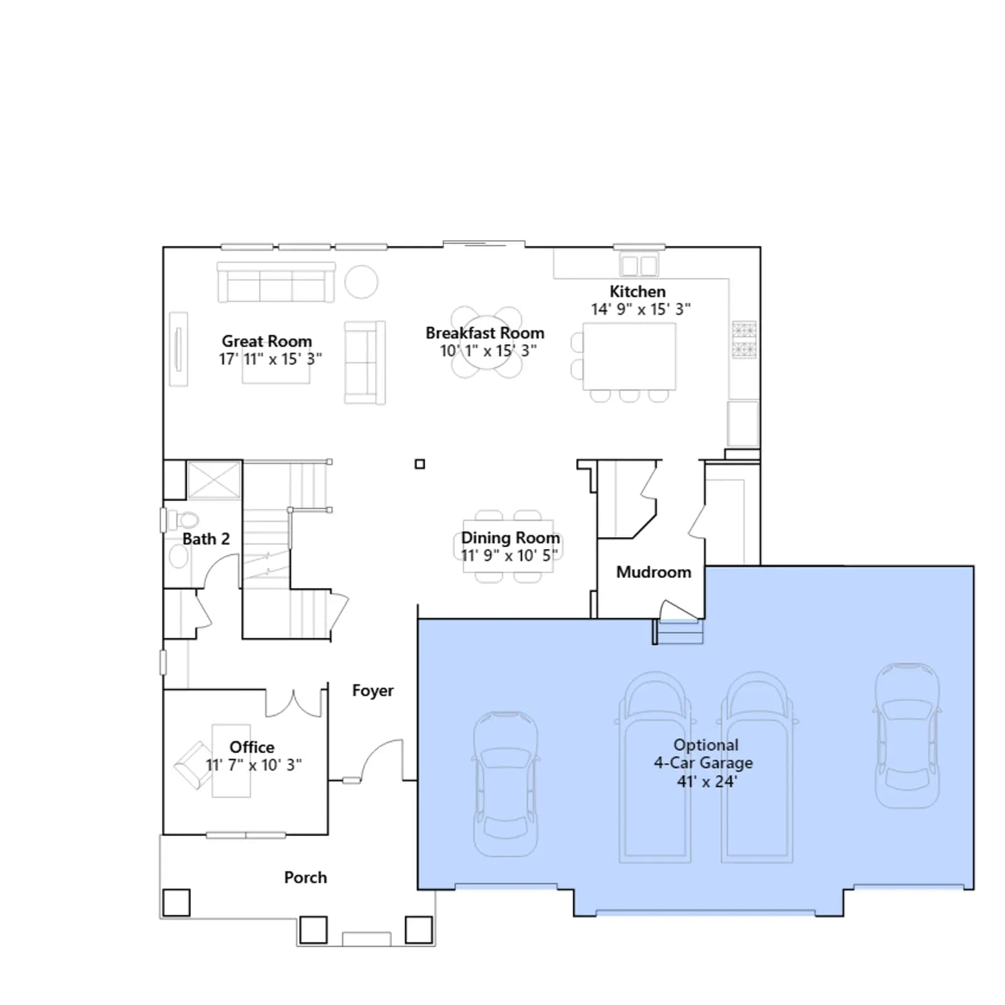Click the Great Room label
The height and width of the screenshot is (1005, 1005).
pos(267,341)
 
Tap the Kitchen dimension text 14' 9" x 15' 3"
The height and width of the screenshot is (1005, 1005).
pos(641,309)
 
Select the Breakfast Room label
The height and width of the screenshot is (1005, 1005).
pos(485,333)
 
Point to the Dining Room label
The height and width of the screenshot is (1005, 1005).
pos(510,538)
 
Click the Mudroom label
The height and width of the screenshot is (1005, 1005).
pos(653,572)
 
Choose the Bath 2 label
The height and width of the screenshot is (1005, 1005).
pos(206,539)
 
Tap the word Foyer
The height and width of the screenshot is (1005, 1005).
pos(372,691)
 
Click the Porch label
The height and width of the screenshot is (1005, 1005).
pos(305,877)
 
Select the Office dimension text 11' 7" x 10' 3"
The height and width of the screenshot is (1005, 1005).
pos(254,765)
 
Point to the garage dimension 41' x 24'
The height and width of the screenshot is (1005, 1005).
pos(707,781)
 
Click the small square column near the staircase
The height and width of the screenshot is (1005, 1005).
pos(420,464)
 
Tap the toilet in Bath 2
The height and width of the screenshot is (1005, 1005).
pos(183,520)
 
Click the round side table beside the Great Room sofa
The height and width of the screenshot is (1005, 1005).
pos(361,281)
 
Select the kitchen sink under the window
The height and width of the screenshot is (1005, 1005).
pos(639,265)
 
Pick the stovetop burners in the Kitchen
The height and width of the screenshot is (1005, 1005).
pos(744,340)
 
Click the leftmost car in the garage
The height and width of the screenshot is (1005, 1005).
pos(505,785)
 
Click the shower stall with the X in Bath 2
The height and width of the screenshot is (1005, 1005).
pos(214,480)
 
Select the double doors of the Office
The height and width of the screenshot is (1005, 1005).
pos(293,703)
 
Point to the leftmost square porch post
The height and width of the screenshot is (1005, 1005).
pos(177,903)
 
